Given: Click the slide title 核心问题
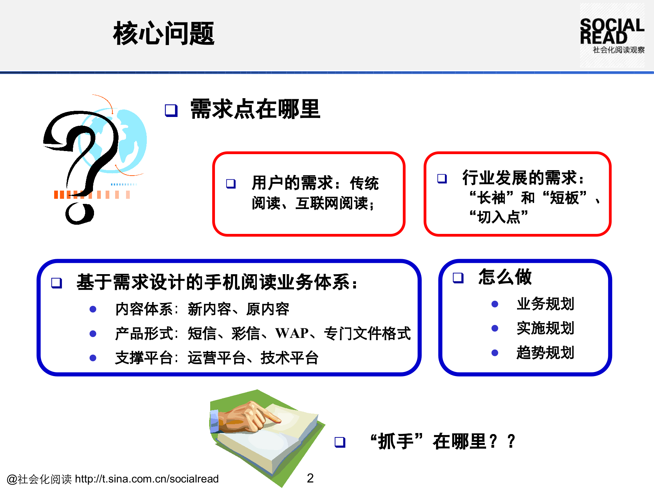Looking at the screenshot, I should [163, 33].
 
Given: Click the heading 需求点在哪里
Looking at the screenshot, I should [255, 109].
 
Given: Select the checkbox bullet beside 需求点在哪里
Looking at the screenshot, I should [171, 110].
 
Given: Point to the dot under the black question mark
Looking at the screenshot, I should [79, 213].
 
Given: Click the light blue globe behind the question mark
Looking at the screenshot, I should [131, 136].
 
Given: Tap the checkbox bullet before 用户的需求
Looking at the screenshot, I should [231, 184].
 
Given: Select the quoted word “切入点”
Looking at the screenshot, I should [499, 217].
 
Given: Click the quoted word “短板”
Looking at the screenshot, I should [564, 197].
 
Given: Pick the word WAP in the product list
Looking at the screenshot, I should [292, 333].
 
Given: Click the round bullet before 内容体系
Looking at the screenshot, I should [93, 309].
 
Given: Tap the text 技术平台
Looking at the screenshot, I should [289, 358].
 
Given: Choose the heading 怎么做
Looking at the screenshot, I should [505, 277].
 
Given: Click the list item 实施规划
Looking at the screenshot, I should [545, 328].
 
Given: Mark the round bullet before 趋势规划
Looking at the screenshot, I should [495, 353].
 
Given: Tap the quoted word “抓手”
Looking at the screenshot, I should [396, 442].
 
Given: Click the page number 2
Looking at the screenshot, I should [310, 478].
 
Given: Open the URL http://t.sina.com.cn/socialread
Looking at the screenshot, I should [147, 479].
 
